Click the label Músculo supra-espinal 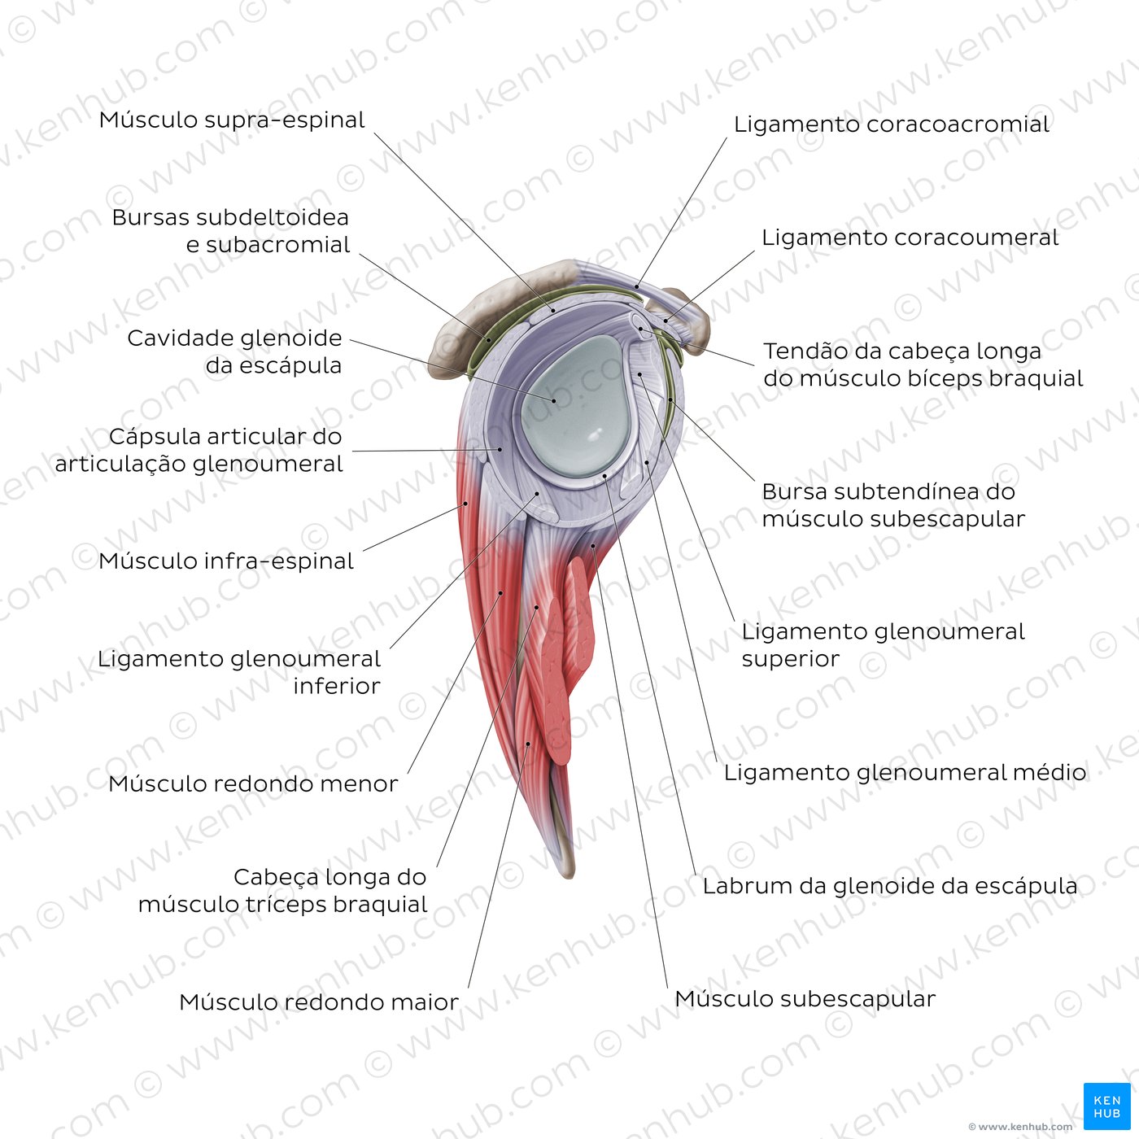(x=232, y=120)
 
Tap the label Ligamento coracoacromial (x=891, y=124)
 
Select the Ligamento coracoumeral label (x=910, y=238)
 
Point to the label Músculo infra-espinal (x=226, y=561)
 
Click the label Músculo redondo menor (x=253, y=784)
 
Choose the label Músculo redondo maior (x=318, y=1002)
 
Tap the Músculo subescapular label (x=805, y=999)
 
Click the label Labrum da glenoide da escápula (x=890, y=886)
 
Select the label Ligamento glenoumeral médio (x=905, y=772)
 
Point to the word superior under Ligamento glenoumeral (x=790, y=659)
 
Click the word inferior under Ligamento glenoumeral (x=337, y=687)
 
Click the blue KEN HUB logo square (x=1106, y=1106)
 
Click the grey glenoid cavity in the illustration (x=569, y=407)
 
